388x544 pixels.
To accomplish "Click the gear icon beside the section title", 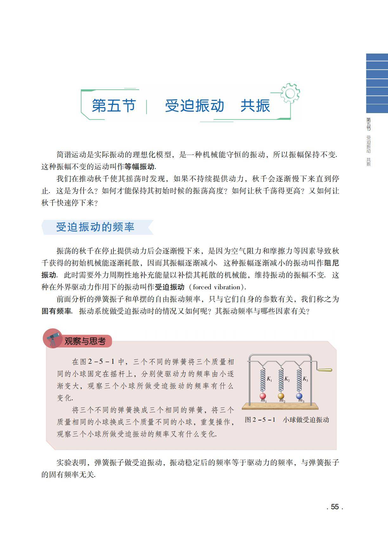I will (x=289, y=93).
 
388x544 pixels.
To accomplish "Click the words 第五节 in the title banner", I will (x=114, y=106).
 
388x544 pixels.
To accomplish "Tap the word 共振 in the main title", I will (x=255, y=106).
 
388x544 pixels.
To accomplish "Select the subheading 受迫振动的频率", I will (x=95, y=227).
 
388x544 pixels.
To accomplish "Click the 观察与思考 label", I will (x=85, y=341).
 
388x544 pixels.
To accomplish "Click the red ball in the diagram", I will (x=263, y=396).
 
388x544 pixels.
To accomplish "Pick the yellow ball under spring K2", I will (x=281, y=396).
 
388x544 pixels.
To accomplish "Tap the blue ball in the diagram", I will (x=299, y=396).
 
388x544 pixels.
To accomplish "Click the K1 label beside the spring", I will (x=269, y=379).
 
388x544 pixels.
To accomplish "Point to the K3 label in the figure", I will (x=305, y=379).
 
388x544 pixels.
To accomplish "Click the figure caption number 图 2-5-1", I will (x=260, y=420).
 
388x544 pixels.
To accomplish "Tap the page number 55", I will (x=335, y=507).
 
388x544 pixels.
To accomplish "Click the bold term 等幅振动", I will (x=139, y=167).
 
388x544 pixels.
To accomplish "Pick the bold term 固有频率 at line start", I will (x=56, y=311).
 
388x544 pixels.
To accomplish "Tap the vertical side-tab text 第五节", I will (x=369, y=124).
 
